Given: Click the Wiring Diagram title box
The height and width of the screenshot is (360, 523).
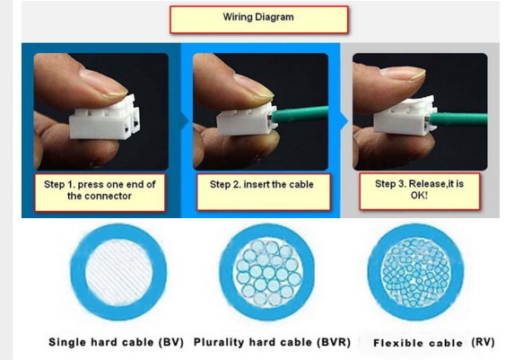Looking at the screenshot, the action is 259,20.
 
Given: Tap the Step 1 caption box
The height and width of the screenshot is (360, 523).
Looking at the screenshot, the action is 100,192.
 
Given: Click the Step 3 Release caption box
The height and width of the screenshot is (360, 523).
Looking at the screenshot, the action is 419,191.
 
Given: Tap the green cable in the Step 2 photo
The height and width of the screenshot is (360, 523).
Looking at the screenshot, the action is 301,114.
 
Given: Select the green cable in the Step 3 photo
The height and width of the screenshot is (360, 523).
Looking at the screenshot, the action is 458,119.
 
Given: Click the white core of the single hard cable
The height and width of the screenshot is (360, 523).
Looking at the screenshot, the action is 119,272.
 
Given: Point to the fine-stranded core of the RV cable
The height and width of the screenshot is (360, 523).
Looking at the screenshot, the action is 415,272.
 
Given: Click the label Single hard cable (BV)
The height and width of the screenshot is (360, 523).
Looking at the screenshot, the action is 116,342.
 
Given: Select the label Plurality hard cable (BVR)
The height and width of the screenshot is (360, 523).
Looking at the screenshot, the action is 272,342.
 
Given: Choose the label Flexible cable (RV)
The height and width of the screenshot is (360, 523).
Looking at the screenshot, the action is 433,343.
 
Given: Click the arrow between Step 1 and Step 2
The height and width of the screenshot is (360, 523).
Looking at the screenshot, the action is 185,121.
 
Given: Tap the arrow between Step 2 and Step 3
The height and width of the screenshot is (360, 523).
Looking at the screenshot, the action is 344,121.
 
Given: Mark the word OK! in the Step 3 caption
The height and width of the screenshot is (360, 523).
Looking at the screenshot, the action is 419,196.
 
